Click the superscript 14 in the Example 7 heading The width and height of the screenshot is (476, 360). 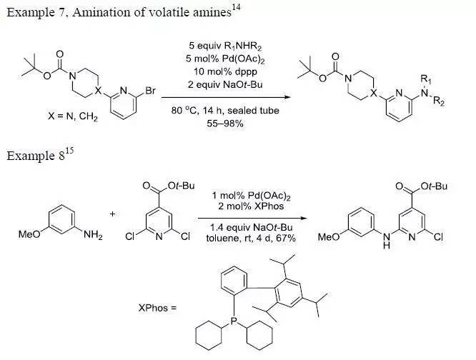click(x=236, y=6)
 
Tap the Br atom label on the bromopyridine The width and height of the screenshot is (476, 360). click(x=151, y=91)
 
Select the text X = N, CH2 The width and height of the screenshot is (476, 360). click(x=73, y=116)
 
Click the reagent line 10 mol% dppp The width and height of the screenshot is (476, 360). click(x=225, y=71)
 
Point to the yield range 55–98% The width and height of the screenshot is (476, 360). click(x=225, y=124)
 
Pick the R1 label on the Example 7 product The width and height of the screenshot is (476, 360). click(x=426, y=79)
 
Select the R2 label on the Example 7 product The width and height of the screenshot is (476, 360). click(x=439, y=101)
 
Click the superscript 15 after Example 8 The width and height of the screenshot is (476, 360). click(x=69, y=150)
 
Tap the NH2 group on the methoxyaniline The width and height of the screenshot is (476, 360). click(x=93, y=235)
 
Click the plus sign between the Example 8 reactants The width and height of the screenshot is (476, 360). click(x=113, y=214)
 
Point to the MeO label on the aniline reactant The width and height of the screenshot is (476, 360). click(x=29, y=234)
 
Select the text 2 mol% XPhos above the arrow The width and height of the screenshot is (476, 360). click(x=251, y=206)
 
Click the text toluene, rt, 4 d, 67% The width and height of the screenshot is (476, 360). click(x=251, y=238)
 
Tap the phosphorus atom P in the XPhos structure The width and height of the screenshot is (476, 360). click(x=234, y=320)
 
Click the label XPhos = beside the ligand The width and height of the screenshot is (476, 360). click(x=157, y=308)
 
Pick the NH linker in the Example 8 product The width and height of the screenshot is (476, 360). click(x=387, y=239)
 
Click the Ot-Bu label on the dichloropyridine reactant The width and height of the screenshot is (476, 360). click(x=181, y=186)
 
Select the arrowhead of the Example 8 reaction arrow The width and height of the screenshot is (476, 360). click(x=302, y=218)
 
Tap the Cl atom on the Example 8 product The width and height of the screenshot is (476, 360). click(x=438, y=237)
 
